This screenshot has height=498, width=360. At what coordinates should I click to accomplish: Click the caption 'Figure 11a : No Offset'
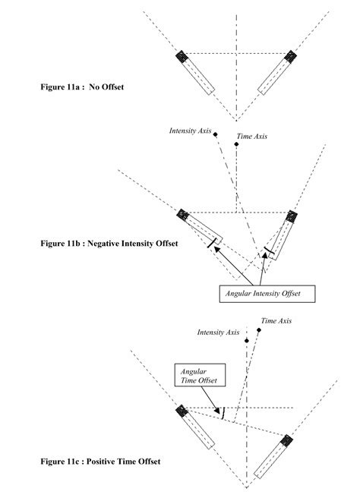(x=82, y=87)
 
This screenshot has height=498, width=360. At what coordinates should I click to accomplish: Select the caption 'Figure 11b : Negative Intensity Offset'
(x=109, y=244)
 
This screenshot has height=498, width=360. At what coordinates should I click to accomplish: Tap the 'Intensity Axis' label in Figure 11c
(x=218, y=332)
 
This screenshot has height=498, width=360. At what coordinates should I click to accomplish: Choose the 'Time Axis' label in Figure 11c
(x=276, y=321)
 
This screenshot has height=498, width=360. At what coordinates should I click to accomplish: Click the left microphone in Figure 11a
(x=194, y=73)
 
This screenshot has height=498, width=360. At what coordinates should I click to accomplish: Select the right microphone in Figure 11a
(x=276, y=73)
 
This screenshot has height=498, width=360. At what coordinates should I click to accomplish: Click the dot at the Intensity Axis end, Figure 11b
(x=216, y=134)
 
